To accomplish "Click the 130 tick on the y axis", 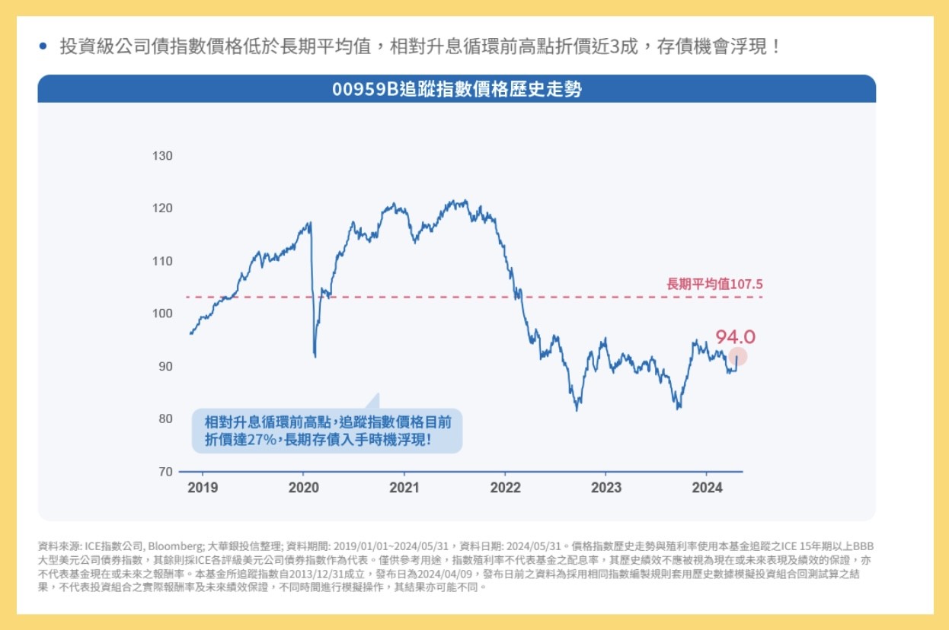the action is pyautogui.click(x=162, y=156).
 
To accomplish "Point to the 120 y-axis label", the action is pyautogui.click(x=162, y=208).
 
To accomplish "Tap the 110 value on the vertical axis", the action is pyautogui.click(x=162, y=261).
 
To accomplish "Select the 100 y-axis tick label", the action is pyautogui.click(x=162, y=313).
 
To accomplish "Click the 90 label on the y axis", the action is pyautogui.click(x=165, y=367).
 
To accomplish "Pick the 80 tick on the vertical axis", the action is pyautogui.click(x=165, y=419).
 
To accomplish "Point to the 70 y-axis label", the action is pyautogui.click(x=165, y=472).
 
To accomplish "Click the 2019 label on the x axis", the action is pyautogui.click(x=203, y=488).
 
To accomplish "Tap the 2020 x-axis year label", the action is pyautogui.click(x=303, y=488).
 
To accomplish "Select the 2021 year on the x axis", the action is pyautogui.click(x=404, y=488).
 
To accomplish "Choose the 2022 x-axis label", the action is pyautogui.click(x=505, y=488).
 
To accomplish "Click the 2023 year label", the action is pyautogui.click(x=606, y=488).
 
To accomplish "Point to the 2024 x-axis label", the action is pyautogui.click(x=707, y=488).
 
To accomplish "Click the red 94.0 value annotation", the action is pyautogui.click(x=736, y=337).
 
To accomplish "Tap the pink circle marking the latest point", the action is pyautogui.click(x=738, y=356).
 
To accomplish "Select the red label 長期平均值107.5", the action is pyautogui.click(x=714, y=284).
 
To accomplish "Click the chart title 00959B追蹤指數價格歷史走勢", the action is pyautogui.click(x=457, y=89).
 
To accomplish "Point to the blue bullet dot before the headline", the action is pyautogui.click(x=43, y=46).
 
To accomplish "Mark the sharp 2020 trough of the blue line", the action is pyautogui.click(x=315, y=357).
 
